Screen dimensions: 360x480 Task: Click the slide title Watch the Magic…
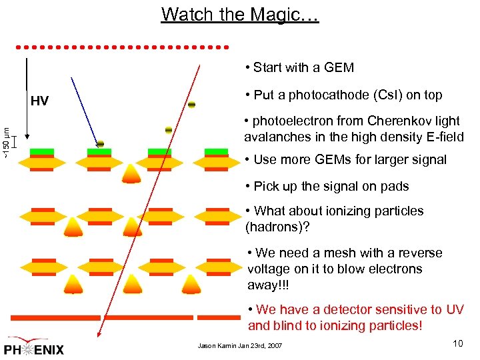click(240, 14)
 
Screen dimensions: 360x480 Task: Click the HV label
click(39, 101)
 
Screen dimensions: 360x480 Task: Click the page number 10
click(457, 343)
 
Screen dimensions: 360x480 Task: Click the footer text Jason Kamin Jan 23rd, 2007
click(240, 346)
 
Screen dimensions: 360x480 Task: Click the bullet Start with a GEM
click(299, 67)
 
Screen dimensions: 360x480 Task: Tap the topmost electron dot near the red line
click(191, 105)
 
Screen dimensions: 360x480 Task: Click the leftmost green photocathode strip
click(41, 152)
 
